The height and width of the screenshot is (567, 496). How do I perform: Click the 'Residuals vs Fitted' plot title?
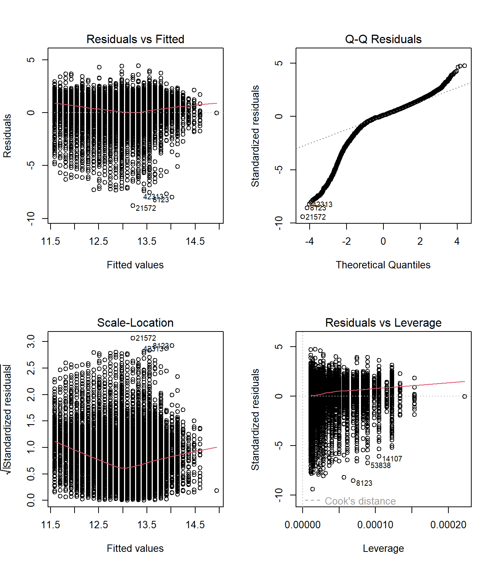[x=135, y=39]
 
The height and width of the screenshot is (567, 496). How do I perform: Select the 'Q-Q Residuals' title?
[x=383, y=39]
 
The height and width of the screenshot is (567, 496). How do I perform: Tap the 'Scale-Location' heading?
[x=135, y=323]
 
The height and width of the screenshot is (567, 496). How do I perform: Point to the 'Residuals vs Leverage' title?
[x=383, y=323]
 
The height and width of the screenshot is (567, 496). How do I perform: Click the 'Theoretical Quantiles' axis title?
[x=383, y=265]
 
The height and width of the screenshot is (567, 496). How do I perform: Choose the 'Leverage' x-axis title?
[x=383, y=548]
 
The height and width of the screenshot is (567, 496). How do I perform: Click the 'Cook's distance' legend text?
[x=360, y=501]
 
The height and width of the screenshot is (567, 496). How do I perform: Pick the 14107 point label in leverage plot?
[x=392, y=459]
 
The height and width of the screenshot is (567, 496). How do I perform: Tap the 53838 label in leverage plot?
[x=380, y=465]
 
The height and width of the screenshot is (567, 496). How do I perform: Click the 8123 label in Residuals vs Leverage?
[x=364, y=483]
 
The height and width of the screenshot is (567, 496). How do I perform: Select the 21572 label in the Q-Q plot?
[x=316, y=217]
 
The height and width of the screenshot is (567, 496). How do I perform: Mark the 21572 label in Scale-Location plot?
[x=146, y=338]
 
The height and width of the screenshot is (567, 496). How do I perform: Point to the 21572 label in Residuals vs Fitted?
[x=146, y=208]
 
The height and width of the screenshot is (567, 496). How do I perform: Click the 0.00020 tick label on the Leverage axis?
[x=448, y=525]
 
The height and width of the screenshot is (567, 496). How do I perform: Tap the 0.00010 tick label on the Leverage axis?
[x=375, y=525]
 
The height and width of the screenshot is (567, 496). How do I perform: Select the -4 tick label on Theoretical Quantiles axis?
[x=309, y=241]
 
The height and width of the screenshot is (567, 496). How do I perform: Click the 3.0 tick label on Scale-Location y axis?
[x=31, y=341]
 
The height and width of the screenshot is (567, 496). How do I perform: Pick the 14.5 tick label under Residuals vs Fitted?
[x=195, y=241]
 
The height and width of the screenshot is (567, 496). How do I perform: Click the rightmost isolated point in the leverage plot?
[x=465, y=396]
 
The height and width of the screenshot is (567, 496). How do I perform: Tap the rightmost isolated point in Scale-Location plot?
[x=217, y=491]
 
